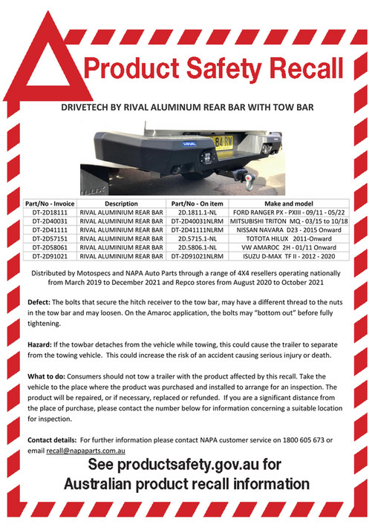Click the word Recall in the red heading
click(296, 71)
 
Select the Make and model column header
click(288, 203)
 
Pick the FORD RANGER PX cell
click(288, 212)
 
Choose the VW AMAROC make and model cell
click(288, 248)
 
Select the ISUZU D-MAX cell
click(288, 257)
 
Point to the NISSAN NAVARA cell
click(288, 230)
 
